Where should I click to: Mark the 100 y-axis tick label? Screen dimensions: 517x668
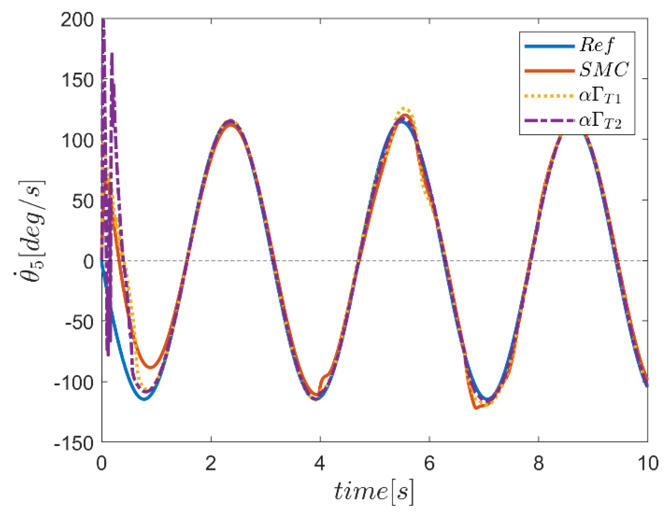(x=77, y=141)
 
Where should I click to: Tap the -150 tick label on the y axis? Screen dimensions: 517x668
(x=73, y=443)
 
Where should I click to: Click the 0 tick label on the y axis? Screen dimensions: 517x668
(x=89, y=262)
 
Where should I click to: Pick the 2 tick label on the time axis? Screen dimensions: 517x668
(x=211, y=463)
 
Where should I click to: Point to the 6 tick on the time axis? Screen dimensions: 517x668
(x=429, y=463)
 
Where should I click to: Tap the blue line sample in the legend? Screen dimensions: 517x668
(x=549, y=46)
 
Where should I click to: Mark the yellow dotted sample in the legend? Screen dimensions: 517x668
(x=549, y=96)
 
